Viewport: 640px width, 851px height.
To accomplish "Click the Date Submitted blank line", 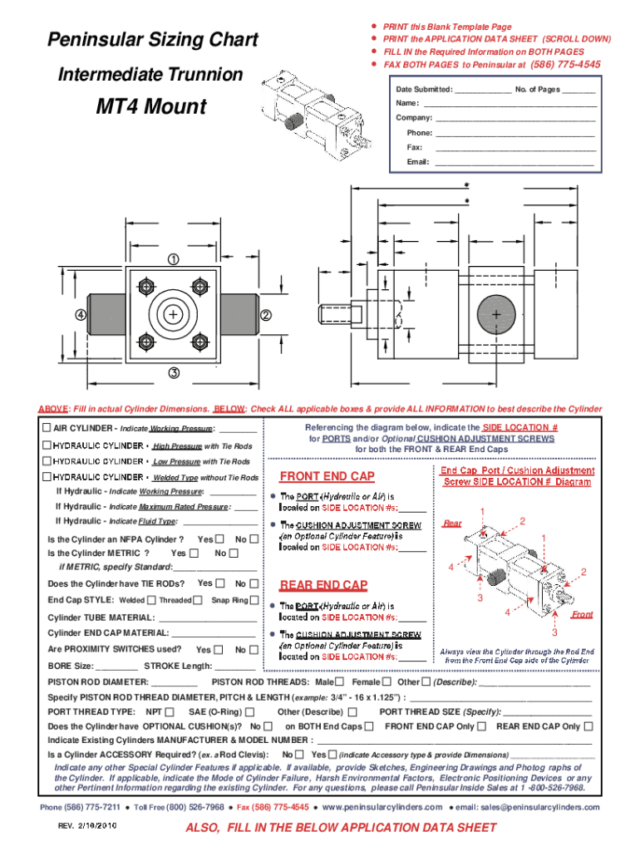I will (x=484, y=90).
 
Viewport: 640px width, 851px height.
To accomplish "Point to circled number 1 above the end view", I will (x=174, y=259).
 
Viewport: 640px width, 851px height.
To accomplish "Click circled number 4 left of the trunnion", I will (x=81, y=316).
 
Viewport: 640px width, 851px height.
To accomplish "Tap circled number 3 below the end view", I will (x=174, y=372).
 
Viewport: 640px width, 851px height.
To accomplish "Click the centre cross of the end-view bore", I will (x=173, y=316).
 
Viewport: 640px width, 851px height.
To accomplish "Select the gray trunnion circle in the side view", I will (x=496, y=315).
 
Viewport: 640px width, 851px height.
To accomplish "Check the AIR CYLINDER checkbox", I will (x=47, y=428).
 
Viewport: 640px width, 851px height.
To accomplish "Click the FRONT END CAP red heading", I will (x=327, y=476).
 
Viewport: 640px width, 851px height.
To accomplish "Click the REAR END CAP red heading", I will (x=323, y=584).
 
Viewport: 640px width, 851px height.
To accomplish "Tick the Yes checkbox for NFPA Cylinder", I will (x=219, y=539).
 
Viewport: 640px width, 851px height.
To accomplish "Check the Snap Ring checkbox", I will (x=254, y=600).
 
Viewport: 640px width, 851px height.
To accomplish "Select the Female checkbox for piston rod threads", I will (x=386, y=681).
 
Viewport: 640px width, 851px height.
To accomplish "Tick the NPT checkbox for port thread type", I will (x=170, y=711).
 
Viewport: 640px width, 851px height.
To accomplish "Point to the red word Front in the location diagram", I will (x=582, y=615).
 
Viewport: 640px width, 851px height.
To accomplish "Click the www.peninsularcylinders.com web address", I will (x=382, y=807).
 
